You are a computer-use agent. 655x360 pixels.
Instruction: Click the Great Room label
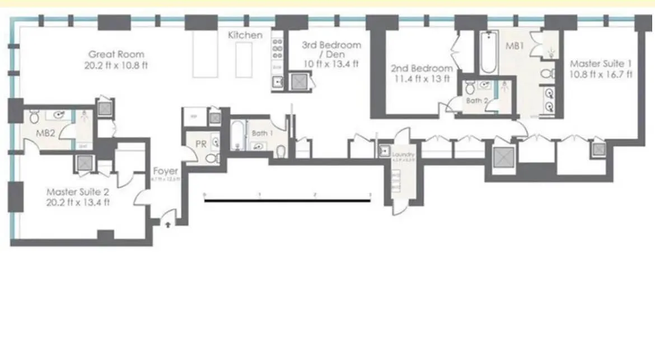(x=116, y=54)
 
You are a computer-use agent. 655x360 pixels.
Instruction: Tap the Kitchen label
(x=245, y=35)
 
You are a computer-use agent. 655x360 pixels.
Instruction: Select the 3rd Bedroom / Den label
(x=331, y=50)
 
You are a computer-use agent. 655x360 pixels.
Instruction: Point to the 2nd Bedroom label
(x=422, y=69)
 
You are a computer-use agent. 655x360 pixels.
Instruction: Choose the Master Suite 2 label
(x=77, y=192)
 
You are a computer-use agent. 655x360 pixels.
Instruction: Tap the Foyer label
(x=165, y=171)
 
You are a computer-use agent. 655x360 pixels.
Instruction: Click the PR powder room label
(x=200, y=144)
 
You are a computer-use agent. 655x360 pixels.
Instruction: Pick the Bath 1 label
(x=260, y=134)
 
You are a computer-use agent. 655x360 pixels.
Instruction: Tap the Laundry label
(x=403, y=155)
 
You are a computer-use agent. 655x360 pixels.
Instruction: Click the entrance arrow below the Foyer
(x=167, y=223)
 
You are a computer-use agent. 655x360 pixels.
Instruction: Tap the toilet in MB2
(x=34, y=116)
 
